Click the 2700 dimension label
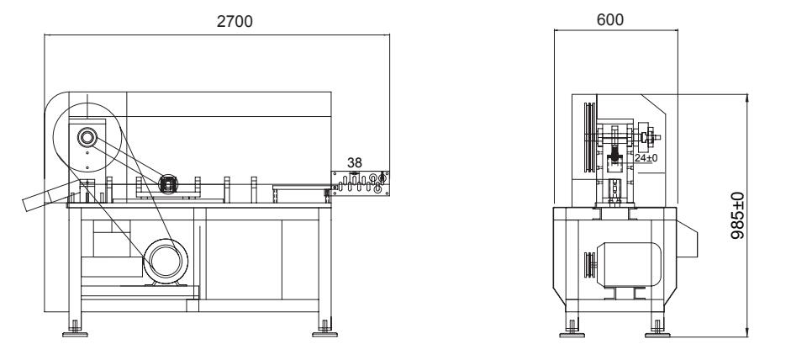click(235, 21)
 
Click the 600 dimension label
click(610, 19)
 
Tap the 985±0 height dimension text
click(737, 215)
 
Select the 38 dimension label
click(355, 162)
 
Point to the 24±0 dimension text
click(646, 158)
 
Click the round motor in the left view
click(166, 261)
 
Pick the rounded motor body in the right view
click(629, 265)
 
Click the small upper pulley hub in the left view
click(87, 137)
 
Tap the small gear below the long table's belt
click(168, 184)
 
